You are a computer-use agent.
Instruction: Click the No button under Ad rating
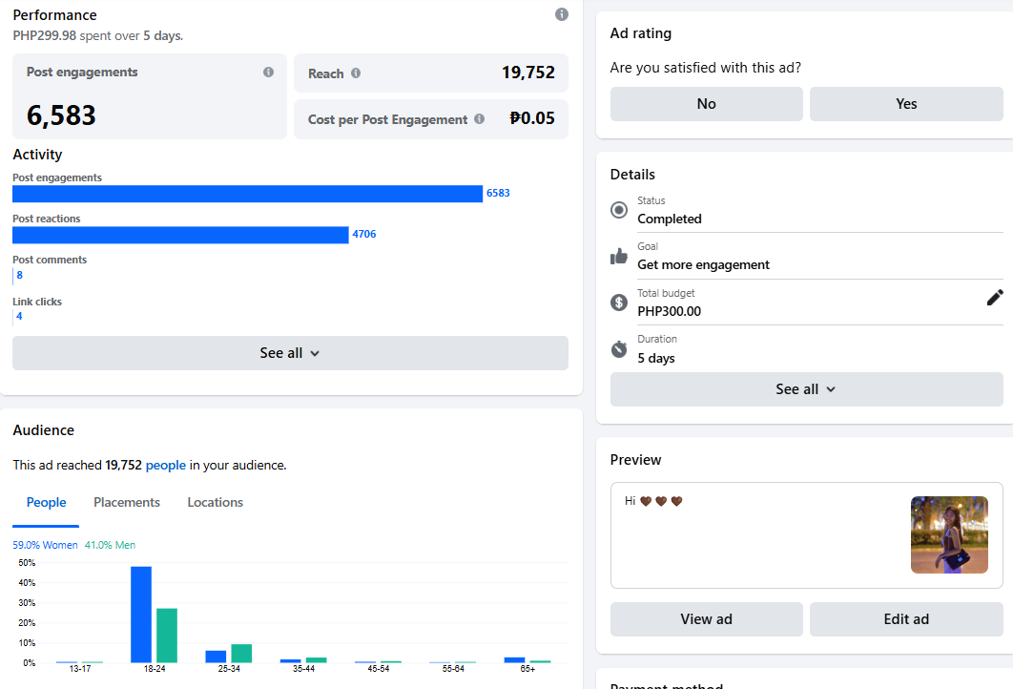(706, 104)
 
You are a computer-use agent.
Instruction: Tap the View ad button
(706, 619)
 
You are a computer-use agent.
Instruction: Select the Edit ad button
(906, 619)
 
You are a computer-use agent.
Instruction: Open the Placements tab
(127, 503)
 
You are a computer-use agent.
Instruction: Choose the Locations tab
(215, 503)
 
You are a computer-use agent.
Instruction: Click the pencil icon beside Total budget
(995, 298)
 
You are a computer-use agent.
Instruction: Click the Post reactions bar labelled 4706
(180, 235)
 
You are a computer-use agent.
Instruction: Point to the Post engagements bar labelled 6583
(247, 194)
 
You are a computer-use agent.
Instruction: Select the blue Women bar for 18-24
(141, 615)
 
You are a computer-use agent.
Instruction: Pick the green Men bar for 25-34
(241, 654)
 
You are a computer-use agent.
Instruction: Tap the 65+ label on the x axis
(527, 670)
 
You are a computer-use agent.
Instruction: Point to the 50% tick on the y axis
(28, 563)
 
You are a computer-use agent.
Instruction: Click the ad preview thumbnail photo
(949, 534)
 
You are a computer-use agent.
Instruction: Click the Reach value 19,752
(527, 73)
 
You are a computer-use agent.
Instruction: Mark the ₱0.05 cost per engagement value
(532, 118)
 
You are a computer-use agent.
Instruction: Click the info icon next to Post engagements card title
(268, 73)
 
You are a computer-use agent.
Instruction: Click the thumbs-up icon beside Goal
(619, 256)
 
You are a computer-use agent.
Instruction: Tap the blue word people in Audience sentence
(166, 466)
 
